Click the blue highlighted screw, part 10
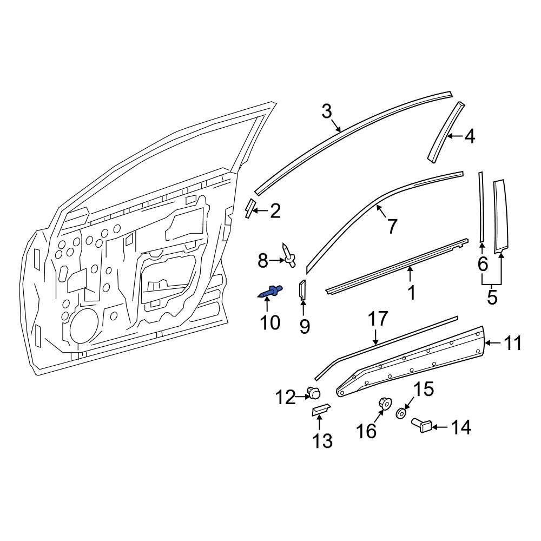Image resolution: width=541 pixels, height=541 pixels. pos(270,293)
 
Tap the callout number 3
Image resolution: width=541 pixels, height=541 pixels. pos(326,112)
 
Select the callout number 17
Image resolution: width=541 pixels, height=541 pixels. pos(378,319)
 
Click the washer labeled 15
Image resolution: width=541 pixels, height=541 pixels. pos(401,413)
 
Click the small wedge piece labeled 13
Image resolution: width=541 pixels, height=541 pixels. pos(320,410)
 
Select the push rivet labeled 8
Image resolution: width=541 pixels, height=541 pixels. pos(288,255)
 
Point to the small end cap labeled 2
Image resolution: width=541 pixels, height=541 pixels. pos(249,208)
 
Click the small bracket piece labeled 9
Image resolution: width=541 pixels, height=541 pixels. pos(302,291)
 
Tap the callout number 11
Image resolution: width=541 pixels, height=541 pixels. pos(513,343)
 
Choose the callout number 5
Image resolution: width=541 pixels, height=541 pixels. pos(492,298)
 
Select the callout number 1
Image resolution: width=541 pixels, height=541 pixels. pos(411,293)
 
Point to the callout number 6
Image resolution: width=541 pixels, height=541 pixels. pos(483,265)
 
